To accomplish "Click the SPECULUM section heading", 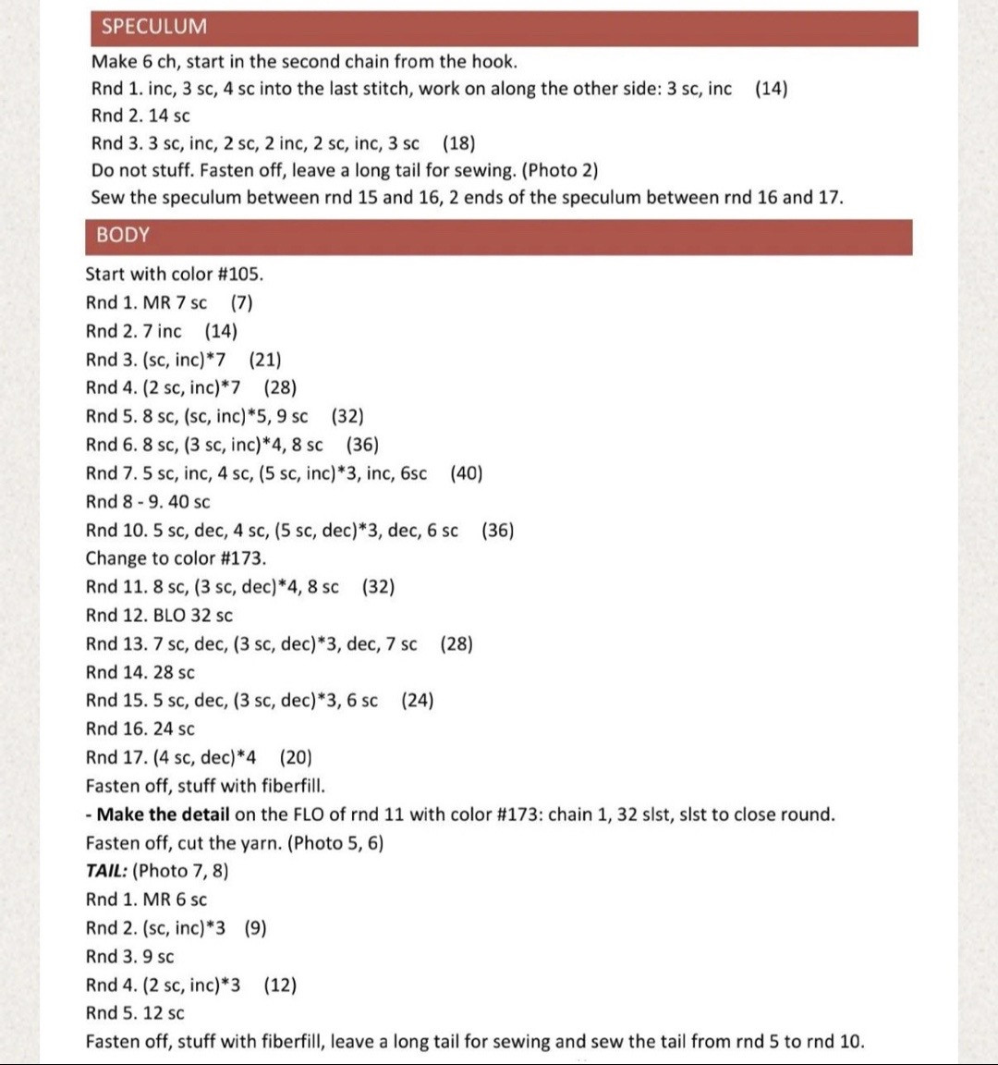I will point(154,27).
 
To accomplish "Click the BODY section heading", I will point(123,235).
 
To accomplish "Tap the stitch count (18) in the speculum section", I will point(459,143).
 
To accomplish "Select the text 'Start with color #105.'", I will point(175,274).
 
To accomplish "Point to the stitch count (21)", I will point(265,360).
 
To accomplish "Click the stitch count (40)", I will point(467,473).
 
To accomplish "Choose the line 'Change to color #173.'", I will point(176,558).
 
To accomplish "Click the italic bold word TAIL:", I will point(106,871).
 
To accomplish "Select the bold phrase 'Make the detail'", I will point(163,814).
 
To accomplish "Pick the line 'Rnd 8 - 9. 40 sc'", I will point(148,502).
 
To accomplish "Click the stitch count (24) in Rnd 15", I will point(418,701).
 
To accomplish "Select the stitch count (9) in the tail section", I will point(256,928).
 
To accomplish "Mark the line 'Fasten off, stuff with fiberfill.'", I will point(205,786).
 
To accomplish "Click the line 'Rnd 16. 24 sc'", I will point(140,729).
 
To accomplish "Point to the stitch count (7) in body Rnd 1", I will point(242,302).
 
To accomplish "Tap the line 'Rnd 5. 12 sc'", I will point(135,1013).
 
